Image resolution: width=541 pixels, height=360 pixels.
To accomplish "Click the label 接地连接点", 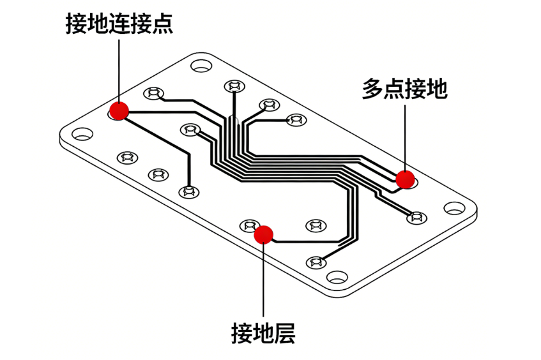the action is pyautogui.click(x=119, y=24).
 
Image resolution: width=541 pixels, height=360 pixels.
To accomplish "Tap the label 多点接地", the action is pyautogui.click(x=405, y=89).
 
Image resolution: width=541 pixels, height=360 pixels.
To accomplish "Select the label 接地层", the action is pyautogui.click(x=263, y=333).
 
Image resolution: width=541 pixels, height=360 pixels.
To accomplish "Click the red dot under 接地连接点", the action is pyautogui.click(x=119, y=111).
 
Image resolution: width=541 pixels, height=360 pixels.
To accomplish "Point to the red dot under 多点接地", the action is pyautogui.click(x=405, y=179).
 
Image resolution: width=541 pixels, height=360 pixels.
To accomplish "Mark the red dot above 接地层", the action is pyautogui.click(x=264, y=235).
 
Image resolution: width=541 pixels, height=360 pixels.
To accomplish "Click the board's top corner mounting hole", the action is pyautogui.click(x=201, y=65).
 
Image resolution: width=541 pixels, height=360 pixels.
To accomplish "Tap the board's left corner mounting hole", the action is pyautogui.click(x=82, y=134).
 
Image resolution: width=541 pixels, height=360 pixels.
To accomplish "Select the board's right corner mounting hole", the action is pyautogui.click(x=454, y=208).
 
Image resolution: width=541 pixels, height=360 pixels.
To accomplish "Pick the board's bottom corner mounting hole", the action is pyautogui.click(x=337, y=277).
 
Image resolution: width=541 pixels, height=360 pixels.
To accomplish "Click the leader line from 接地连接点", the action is pyautogui.click(x=119, y=71).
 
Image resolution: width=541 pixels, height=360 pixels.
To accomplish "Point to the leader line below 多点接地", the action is pyautogui.click(x=405, y=138).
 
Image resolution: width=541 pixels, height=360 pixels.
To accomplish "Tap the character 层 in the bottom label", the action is pyautogui.click(x=285, y=333).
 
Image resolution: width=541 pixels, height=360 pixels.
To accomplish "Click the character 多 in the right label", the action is pyautogui.click(x=372, y=89).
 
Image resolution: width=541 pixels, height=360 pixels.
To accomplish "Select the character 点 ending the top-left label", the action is pyautogui.click(x=162, y=24).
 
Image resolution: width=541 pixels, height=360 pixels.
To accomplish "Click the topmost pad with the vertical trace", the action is pyautogui.click(x=234, y=86).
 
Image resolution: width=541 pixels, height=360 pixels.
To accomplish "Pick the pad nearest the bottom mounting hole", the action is pyautogui.click(x=316, y=262).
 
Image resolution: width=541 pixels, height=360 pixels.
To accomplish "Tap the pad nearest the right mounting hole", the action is pyautogui.click(x=417, y=217).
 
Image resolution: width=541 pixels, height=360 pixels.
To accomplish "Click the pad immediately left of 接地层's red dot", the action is pyautogui.click(x=250, y=225).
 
